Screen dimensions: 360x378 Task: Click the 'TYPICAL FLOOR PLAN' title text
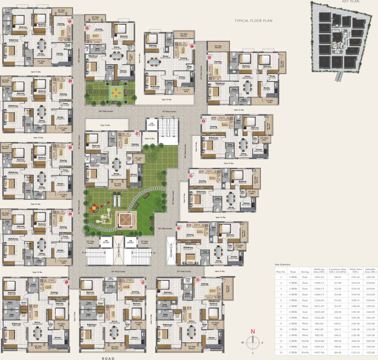click(253, 21)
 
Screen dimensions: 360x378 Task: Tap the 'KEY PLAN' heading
click(350, 2)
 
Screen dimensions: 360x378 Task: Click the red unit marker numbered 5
click(70, 21)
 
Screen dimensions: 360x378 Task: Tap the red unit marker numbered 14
click(137, 133)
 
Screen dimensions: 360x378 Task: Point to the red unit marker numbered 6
click(87, 28)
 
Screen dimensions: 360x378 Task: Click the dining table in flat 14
click(115, 164)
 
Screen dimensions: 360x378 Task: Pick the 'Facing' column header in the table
click(305, 271)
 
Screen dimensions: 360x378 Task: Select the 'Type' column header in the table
click(293, 271)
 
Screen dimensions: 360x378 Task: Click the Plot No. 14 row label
click(281, 352)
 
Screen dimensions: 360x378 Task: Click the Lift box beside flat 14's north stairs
click(151, 125)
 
